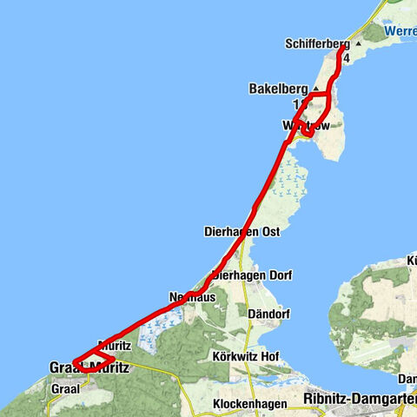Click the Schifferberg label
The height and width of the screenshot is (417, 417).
(316, 43)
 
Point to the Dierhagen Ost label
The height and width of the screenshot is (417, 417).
(242, 232)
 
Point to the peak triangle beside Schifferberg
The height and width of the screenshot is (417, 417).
(358, 43)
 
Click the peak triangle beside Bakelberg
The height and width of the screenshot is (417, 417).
(314, 89)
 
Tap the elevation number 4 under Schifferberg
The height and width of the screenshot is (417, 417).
(346, 58)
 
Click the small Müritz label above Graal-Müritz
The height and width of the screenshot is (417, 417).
(116, 345)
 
